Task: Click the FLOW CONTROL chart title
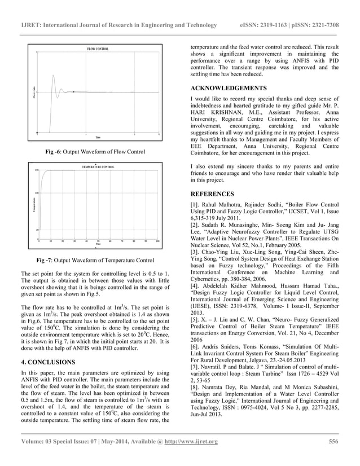pyautogui.click(x=98, y=50)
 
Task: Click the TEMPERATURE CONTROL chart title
pyautogui.click(x=98, y=168)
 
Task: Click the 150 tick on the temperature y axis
pyautogui.click(x=37, y=170)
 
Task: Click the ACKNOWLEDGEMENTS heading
pyautogui.click(x=229, y=89)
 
